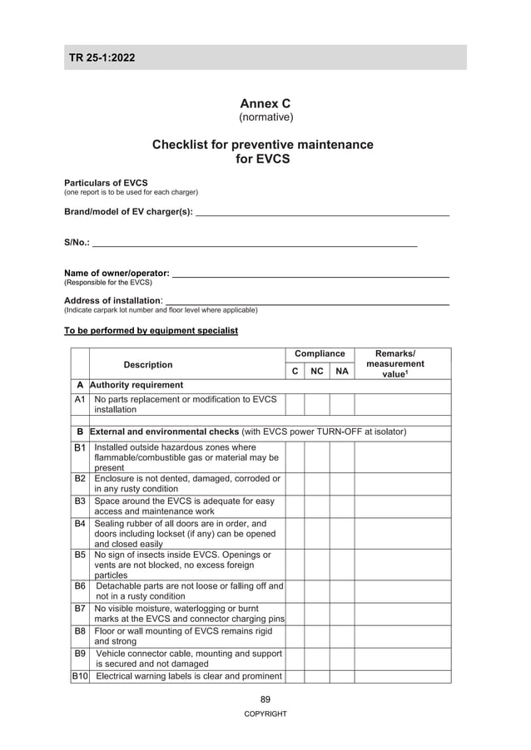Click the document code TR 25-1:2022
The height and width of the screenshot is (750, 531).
point(102,57)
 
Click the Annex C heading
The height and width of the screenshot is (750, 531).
point(265,103)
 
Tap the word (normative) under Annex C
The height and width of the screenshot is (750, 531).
point(265,117)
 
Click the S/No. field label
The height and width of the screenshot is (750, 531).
point(77,243)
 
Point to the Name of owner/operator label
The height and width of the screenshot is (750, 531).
point(117,273)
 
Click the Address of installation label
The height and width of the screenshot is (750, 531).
point(113,300)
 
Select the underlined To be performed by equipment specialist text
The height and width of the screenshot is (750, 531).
point(151,331)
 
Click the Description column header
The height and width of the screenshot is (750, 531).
point(148,364)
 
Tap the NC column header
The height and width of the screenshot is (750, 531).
point(317,372)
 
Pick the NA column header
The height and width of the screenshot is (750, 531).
point(342,372)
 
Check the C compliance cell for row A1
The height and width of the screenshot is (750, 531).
point(295,404)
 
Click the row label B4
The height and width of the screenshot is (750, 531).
point(80,524)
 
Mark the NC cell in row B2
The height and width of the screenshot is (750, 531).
point(317,484)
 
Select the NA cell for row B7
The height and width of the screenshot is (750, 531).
point(342,614)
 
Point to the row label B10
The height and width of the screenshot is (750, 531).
point(80,676)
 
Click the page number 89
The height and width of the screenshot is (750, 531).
point(265,699)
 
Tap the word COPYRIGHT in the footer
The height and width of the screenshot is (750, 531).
point(265,714)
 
